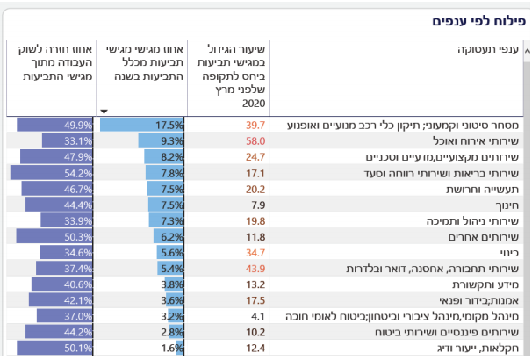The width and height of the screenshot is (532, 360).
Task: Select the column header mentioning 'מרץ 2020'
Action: (228, 76)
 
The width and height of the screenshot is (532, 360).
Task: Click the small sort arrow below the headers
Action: (104, 112)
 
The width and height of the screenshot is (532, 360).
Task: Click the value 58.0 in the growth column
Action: (255, 140)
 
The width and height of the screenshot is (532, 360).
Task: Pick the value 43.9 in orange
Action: (255, 268)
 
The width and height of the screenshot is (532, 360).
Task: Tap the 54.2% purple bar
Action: (53, 173)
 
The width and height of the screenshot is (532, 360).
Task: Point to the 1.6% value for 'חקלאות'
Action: (173, 348)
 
